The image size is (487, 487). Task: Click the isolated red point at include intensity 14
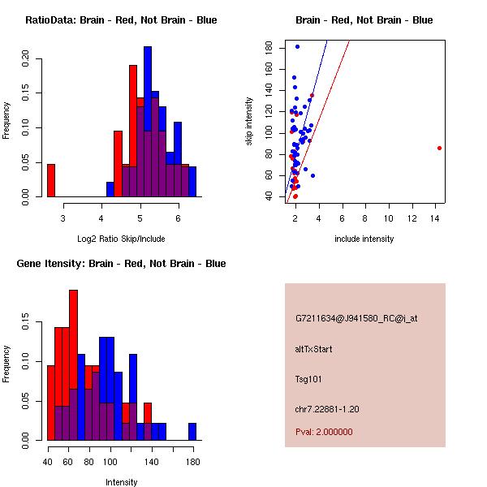tap(439, 148)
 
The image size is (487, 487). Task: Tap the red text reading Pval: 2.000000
tap(324, 432)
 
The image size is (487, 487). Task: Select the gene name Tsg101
tap(309, 378)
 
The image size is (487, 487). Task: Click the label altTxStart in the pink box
tap(313, 349)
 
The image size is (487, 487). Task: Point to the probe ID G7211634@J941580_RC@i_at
tap(356, 319)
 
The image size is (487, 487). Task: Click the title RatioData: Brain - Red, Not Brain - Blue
tap(121, 20)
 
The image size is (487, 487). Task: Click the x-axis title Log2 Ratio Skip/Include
tap(121, 239)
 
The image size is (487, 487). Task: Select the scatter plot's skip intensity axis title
tap(250, 122)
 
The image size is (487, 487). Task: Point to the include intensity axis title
tap(364, 239)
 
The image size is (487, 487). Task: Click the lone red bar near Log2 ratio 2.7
tap(51, 180)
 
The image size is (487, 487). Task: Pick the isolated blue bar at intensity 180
tap(192, 431)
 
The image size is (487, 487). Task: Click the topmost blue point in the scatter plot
tap(297, 47)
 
